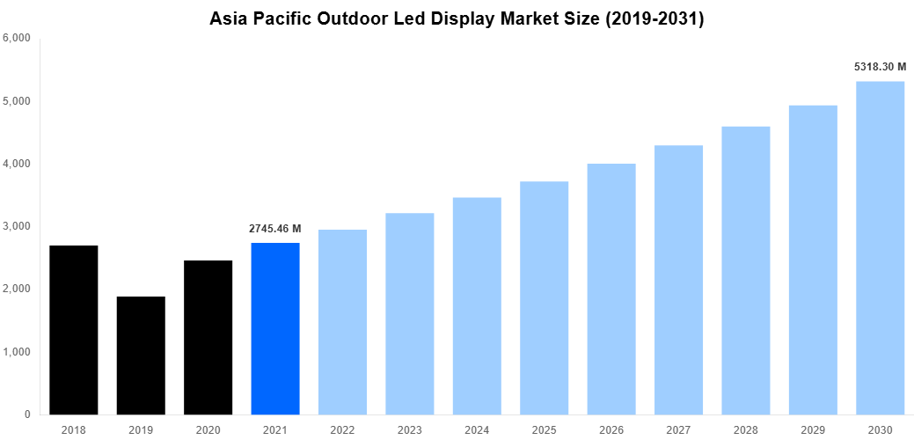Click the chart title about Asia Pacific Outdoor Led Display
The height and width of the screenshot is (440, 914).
(x=457, y=18)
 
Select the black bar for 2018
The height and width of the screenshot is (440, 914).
(x=74, y=330)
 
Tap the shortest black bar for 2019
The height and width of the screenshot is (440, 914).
(x=141, y=356)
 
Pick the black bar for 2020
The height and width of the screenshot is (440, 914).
(x=208, y=337)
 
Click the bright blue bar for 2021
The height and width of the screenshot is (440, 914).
(x=275, y=328)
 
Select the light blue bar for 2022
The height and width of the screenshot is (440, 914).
(x=342, y=322)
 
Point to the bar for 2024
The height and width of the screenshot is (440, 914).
(x=477, y=306)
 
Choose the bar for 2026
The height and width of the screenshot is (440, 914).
(x=611, y=289)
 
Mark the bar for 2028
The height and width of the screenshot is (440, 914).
(x=746, y=270)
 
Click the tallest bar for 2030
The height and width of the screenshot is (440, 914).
(x=880, y=248)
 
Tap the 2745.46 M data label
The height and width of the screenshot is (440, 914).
(x=275, y=229)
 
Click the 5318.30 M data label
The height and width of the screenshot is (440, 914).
(x=880, y=66)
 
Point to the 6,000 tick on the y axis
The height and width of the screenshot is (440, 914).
(x=17, y=39)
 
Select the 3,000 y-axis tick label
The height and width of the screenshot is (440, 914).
(x=17, y=226)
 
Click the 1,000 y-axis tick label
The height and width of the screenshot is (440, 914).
(x=17, y=352)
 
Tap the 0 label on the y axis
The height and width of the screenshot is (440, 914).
(x=26, y=414)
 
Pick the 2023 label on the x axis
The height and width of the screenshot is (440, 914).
(x=410, y=429)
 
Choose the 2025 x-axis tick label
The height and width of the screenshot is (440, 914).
(x=544, y=429)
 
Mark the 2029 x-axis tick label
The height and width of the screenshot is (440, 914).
(x=813, y=429)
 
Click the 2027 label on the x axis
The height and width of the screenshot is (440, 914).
(x=678, y=429)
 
